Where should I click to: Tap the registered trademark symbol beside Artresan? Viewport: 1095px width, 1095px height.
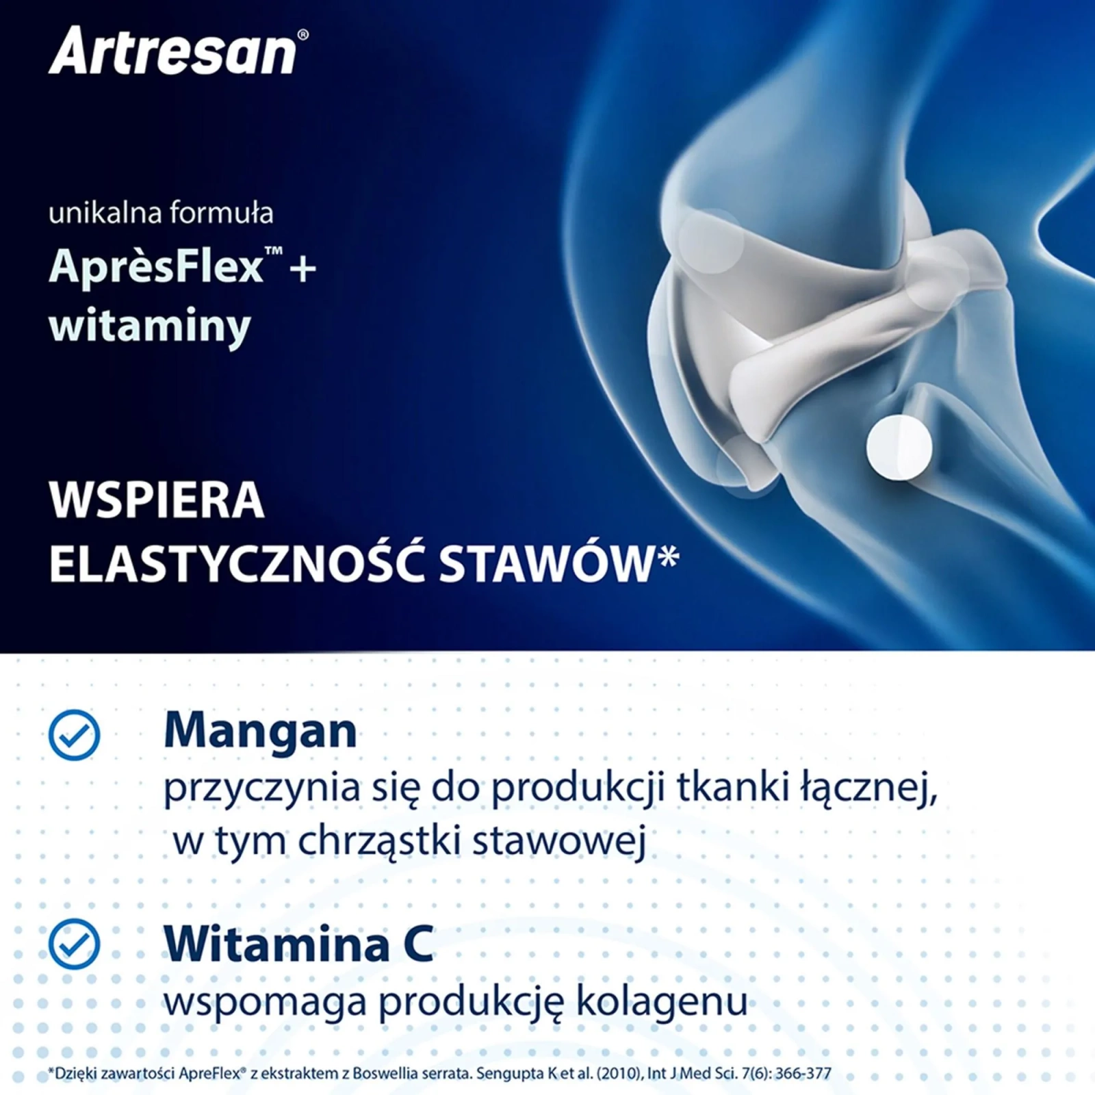tap(303, 35)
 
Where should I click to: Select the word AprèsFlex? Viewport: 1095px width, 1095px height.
tap(156, 266)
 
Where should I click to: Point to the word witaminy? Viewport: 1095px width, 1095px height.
tap(150, 326)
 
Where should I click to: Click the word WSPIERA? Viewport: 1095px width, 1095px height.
tap(157, 500)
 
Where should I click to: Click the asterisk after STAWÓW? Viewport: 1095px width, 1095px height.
tap(668, 556)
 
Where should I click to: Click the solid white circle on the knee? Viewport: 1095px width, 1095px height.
tap(899, 448)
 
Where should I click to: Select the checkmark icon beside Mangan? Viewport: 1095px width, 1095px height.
tap(74, 735)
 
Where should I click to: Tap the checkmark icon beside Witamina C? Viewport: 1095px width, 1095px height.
tap(74, 944)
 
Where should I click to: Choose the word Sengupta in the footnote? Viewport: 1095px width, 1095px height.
tap(510, 1074)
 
